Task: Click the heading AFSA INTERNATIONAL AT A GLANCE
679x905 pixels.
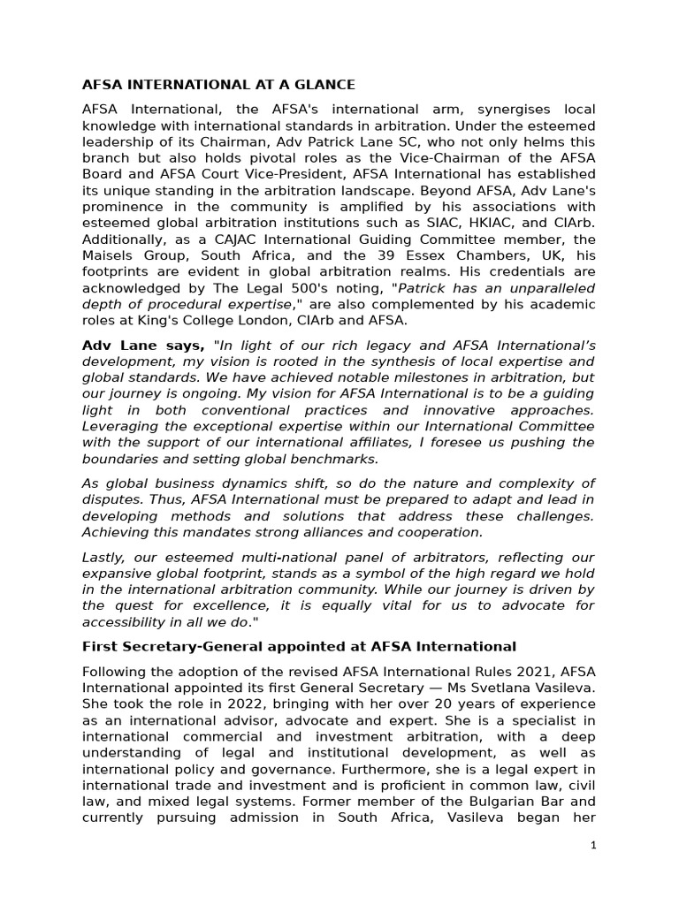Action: (218, 85)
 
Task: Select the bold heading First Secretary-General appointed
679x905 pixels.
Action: (299, 646)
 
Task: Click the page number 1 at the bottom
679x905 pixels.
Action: (594, 845)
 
